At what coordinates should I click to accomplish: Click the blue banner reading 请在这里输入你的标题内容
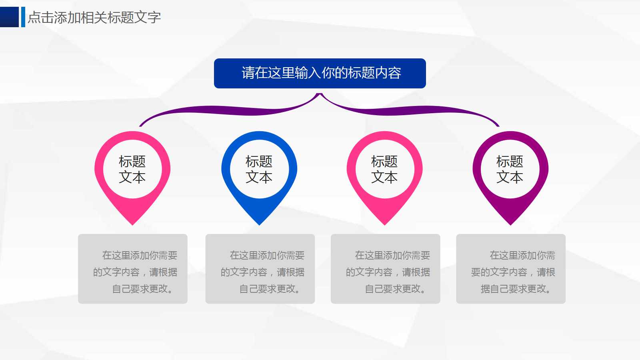320,73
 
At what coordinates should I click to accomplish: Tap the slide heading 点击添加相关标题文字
94,17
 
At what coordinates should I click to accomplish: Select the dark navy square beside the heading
9,17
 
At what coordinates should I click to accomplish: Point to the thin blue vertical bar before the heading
23,17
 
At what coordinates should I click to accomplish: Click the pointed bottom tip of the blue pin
259,223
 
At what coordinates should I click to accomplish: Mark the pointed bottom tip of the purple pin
510,223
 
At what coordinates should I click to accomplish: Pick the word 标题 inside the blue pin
259,162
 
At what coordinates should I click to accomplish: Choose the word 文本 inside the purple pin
510,177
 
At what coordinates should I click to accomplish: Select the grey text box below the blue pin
260,269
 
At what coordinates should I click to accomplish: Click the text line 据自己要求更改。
516,289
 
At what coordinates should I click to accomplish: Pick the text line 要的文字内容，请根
513,272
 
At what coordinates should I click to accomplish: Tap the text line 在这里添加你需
522,255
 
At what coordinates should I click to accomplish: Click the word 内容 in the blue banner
388,73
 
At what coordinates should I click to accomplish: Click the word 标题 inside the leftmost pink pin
132,162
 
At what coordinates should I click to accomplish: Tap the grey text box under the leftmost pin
133,269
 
